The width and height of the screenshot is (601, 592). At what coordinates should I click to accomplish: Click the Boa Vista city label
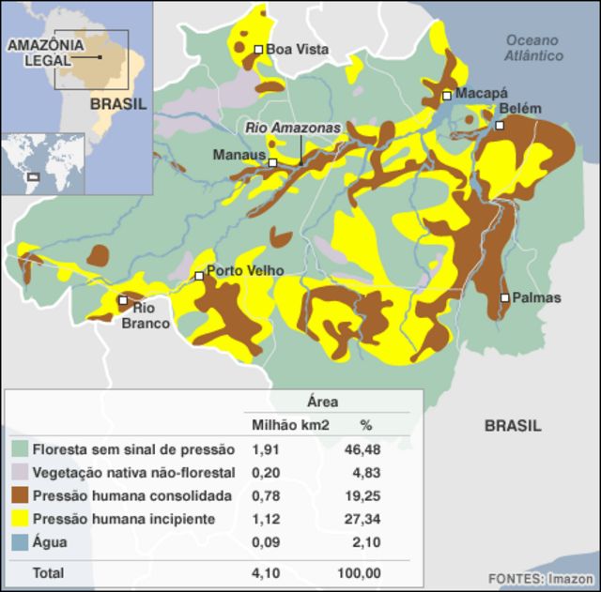coord(297,50)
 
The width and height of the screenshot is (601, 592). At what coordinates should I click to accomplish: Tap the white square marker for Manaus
coord(272,163)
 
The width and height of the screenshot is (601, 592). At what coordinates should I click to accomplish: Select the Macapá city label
coord(481,94)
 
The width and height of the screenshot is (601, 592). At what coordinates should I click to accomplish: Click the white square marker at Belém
coord(501,125)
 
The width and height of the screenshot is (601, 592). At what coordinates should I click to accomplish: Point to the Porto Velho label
coord(244,271)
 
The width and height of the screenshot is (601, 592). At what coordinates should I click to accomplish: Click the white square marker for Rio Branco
coord(123,301)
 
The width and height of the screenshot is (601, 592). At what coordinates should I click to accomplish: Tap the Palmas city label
coord(537,298)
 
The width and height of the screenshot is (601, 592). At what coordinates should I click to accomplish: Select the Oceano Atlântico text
coord(532,48)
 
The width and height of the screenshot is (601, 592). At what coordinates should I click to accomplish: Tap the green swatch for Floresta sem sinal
coord(20,450)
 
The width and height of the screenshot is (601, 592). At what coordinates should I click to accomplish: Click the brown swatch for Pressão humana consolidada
coord(20,496)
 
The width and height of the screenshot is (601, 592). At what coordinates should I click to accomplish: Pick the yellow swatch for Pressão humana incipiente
coord(20,520)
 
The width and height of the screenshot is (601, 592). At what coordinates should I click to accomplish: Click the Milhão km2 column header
coord(290,426)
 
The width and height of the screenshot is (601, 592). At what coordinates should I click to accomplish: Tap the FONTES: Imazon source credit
coord(540,579)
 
